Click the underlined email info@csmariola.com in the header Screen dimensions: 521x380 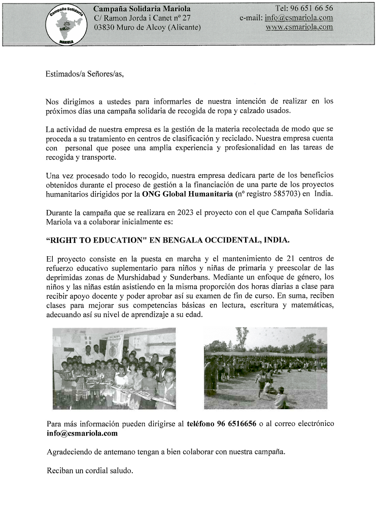click(x=299, y=18)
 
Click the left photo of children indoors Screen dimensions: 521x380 click(x=114, y=369)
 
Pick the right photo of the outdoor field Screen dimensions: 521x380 click(x=265, y=369)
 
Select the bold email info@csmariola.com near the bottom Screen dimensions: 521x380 click(x=82, y=433)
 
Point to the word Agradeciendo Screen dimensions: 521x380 click(x=70, y=452)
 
